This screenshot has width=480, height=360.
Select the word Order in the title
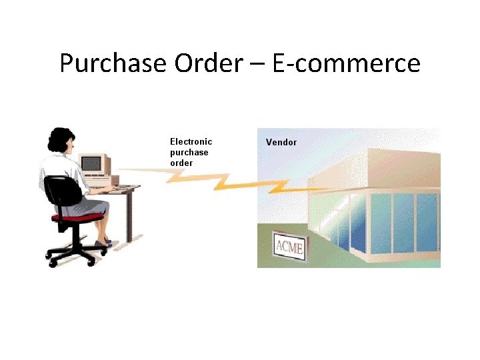[x=209, y=64]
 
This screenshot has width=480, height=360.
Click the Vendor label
[x=281, y=142]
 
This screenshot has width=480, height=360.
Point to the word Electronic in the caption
[x=191, y=141]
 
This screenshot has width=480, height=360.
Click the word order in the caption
[x=181, y=163]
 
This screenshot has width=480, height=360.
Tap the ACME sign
[x=290, y=248]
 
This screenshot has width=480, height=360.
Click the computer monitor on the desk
[x=93, y=163]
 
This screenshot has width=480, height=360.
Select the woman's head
[x=62, y=141]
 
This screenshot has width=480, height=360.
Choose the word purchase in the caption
[x=189, y=153]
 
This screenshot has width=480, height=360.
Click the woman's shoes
[x=103, y=244]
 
